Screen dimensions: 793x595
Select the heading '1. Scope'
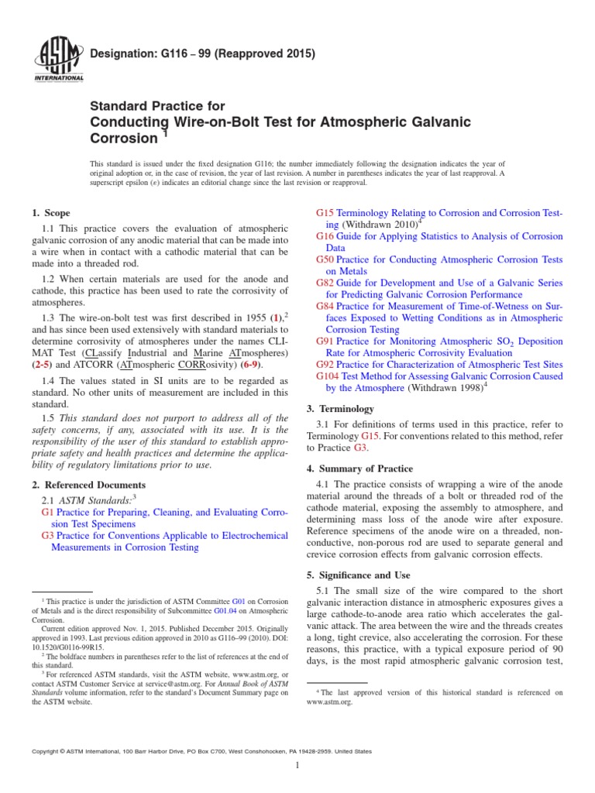tap(51, 213)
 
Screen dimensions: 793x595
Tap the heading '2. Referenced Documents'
tap(88, 485)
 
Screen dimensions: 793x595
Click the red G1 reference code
tap(46, 513)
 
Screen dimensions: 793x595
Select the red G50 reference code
tap(325, 260)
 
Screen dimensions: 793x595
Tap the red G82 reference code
tap(325, 283)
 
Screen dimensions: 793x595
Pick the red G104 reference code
tap(328, 376)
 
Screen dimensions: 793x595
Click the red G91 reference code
tap(325, 342)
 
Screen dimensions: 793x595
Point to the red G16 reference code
tap(325, 236)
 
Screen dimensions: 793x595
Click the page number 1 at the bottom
tap(297, 766)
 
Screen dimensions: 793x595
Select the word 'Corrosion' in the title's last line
tap(124, 139)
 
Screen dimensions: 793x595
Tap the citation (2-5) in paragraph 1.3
tap(43, 363)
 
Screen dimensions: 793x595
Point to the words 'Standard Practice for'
tap(158, 106)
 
